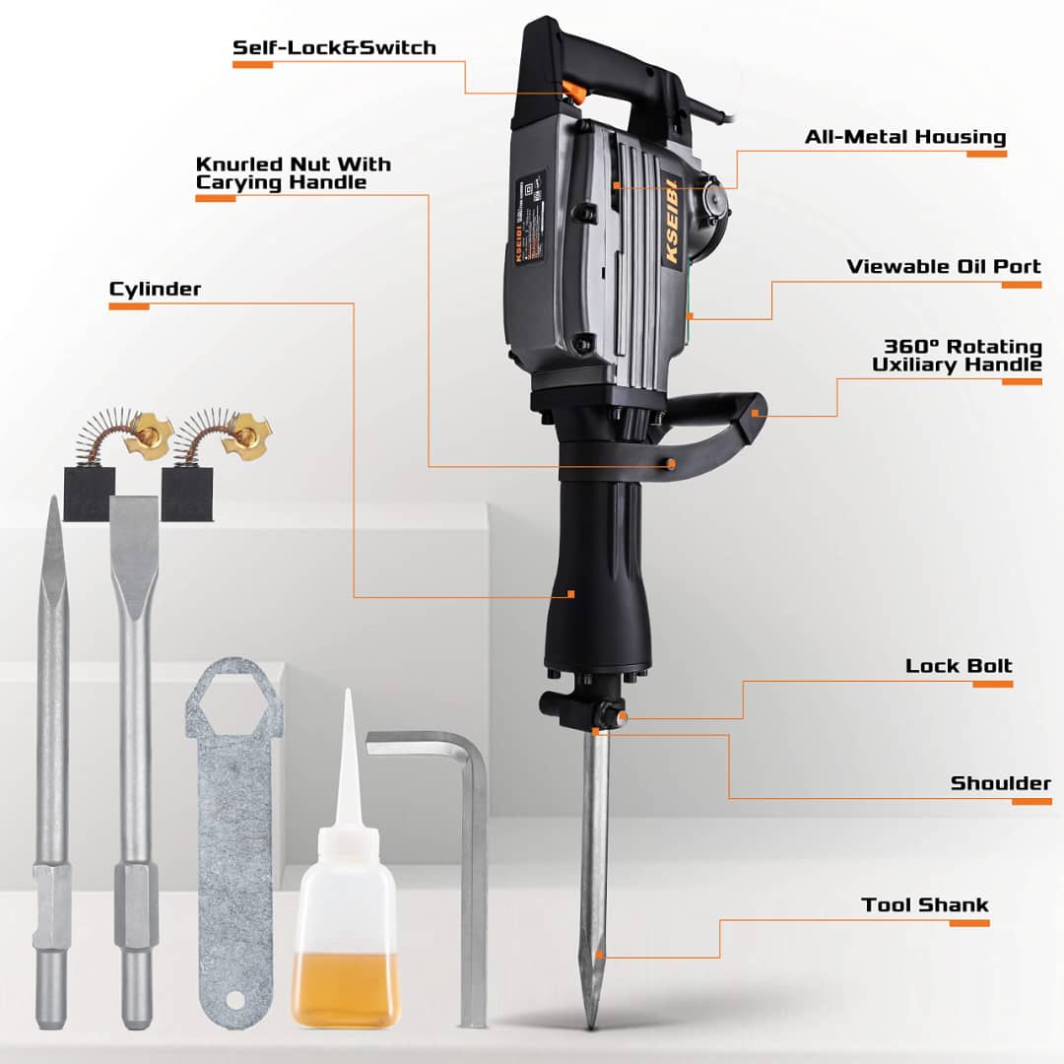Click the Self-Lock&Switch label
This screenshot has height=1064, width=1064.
pos(334,47)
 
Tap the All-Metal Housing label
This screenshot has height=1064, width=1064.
pos(905,137)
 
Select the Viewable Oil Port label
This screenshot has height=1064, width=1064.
pos(944,267)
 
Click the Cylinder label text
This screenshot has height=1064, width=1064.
pos(155,289)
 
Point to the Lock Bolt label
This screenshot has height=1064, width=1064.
pos(959,666)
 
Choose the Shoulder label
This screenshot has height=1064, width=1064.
pos(1000,784)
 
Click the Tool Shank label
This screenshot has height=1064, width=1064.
pos(924,905)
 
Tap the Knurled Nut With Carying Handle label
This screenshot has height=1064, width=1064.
pos(293,173)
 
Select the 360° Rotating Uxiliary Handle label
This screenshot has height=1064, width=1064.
pos(956,356)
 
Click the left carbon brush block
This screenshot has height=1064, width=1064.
pos(89,493)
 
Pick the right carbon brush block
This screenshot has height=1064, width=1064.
pos(187,493)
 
